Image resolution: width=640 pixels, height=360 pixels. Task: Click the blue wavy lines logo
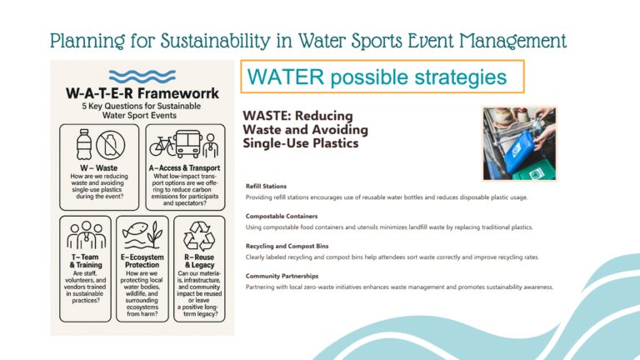coord(142,77)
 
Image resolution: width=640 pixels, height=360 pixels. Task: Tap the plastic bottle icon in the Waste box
coord(83,144)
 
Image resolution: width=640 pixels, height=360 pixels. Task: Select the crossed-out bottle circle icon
coord(110,145)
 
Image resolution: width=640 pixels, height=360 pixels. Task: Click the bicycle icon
coord(162,147)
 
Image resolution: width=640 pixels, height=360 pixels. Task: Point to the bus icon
coord(188,144)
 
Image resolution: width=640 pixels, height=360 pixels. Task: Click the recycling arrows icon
coord(199,236)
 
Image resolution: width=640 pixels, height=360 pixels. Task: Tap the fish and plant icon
coord(142,236)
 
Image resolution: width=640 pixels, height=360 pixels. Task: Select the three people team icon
coord(86,235)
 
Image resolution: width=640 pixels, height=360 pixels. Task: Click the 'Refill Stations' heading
coord(266,186)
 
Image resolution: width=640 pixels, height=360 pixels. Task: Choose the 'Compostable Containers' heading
coord(282,217)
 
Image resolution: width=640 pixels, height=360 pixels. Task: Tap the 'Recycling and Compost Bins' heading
coord(287,246)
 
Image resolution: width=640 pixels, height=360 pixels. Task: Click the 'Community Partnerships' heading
coord(282,276)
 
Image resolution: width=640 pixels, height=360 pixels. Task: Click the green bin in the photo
coord(533,171)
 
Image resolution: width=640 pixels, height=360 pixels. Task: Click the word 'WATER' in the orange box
coord(286,77)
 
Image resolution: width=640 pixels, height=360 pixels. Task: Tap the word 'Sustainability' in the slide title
coord(215,41)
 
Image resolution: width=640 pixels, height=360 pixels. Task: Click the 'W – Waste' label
coord(99,167)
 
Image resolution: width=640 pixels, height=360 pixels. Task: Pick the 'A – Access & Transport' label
coord(184,167)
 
